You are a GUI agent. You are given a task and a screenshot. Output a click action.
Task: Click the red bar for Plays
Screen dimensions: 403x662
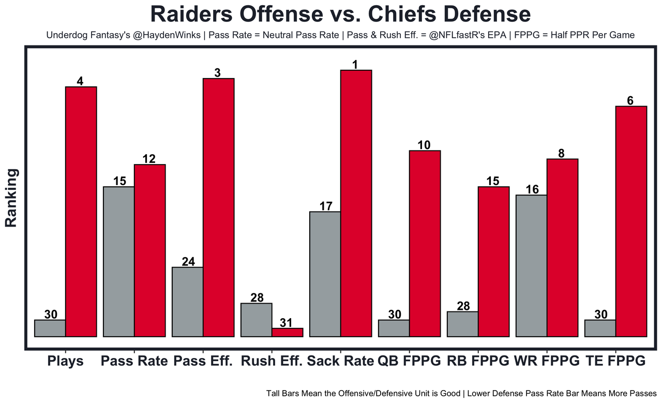click(81, 212)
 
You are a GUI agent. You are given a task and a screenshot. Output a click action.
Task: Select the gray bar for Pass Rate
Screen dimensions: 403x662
click(119, 261)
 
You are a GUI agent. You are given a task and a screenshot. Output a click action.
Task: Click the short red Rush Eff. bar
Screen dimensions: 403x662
click(288, 332)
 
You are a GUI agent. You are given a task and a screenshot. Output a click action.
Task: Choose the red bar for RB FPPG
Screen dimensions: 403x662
click(493, 261)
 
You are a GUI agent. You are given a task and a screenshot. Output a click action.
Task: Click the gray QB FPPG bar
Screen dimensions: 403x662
click(394, 328)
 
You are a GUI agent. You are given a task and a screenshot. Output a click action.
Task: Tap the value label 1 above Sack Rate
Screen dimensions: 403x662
click(356, 64)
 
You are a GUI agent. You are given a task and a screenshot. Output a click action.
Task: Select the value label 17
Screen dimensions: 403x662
click(326, 206)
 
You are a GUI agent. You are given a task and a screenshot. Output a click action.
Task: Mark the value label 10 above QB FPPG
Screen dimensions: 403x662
click(424, 145)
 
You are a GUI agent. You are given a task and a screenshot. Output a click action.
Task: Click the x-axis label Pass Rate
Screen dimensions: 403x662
click(134, 361)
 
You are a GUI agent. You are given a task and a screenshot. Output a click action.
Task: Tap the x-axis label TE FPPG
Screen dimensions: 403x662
click(616, 361)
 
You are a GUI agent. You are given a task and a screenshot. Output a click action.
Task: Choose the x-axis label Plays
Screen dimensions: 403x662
click(65, 361)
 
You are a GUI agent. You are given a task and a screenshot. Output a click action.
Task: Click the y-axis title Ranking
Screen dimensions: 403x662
click(11, 198)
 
